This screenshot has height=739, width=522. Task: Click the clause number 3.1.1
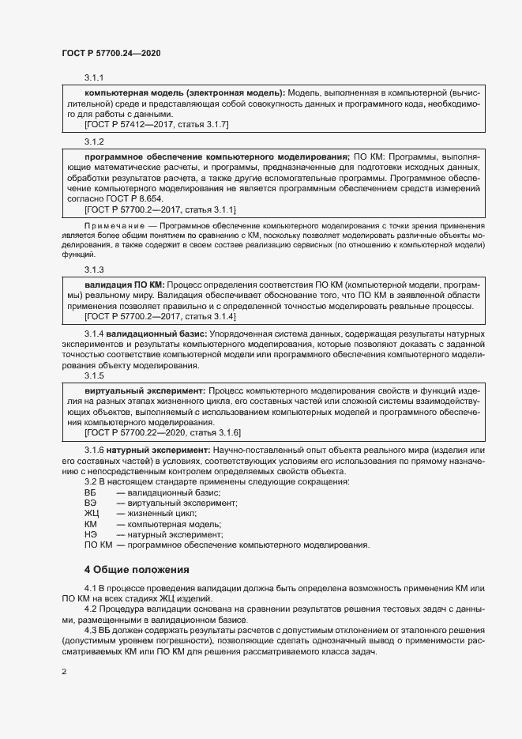click(x=94, y=77)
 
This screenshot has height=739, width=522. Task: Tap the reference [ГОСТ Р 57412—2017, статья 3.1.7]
click(x=156, y=124)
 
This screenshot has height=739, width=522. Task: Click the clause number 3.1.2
click(x=94, y=141)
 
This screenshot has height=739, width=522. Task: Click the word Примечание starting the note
click(x=110, y=225)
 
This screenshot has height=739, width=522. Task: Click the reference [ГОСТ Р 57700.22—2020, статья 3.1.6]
click(x=161, y=433)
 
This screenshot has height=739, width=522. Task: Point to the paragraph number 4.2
click(x=90, y=609)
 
